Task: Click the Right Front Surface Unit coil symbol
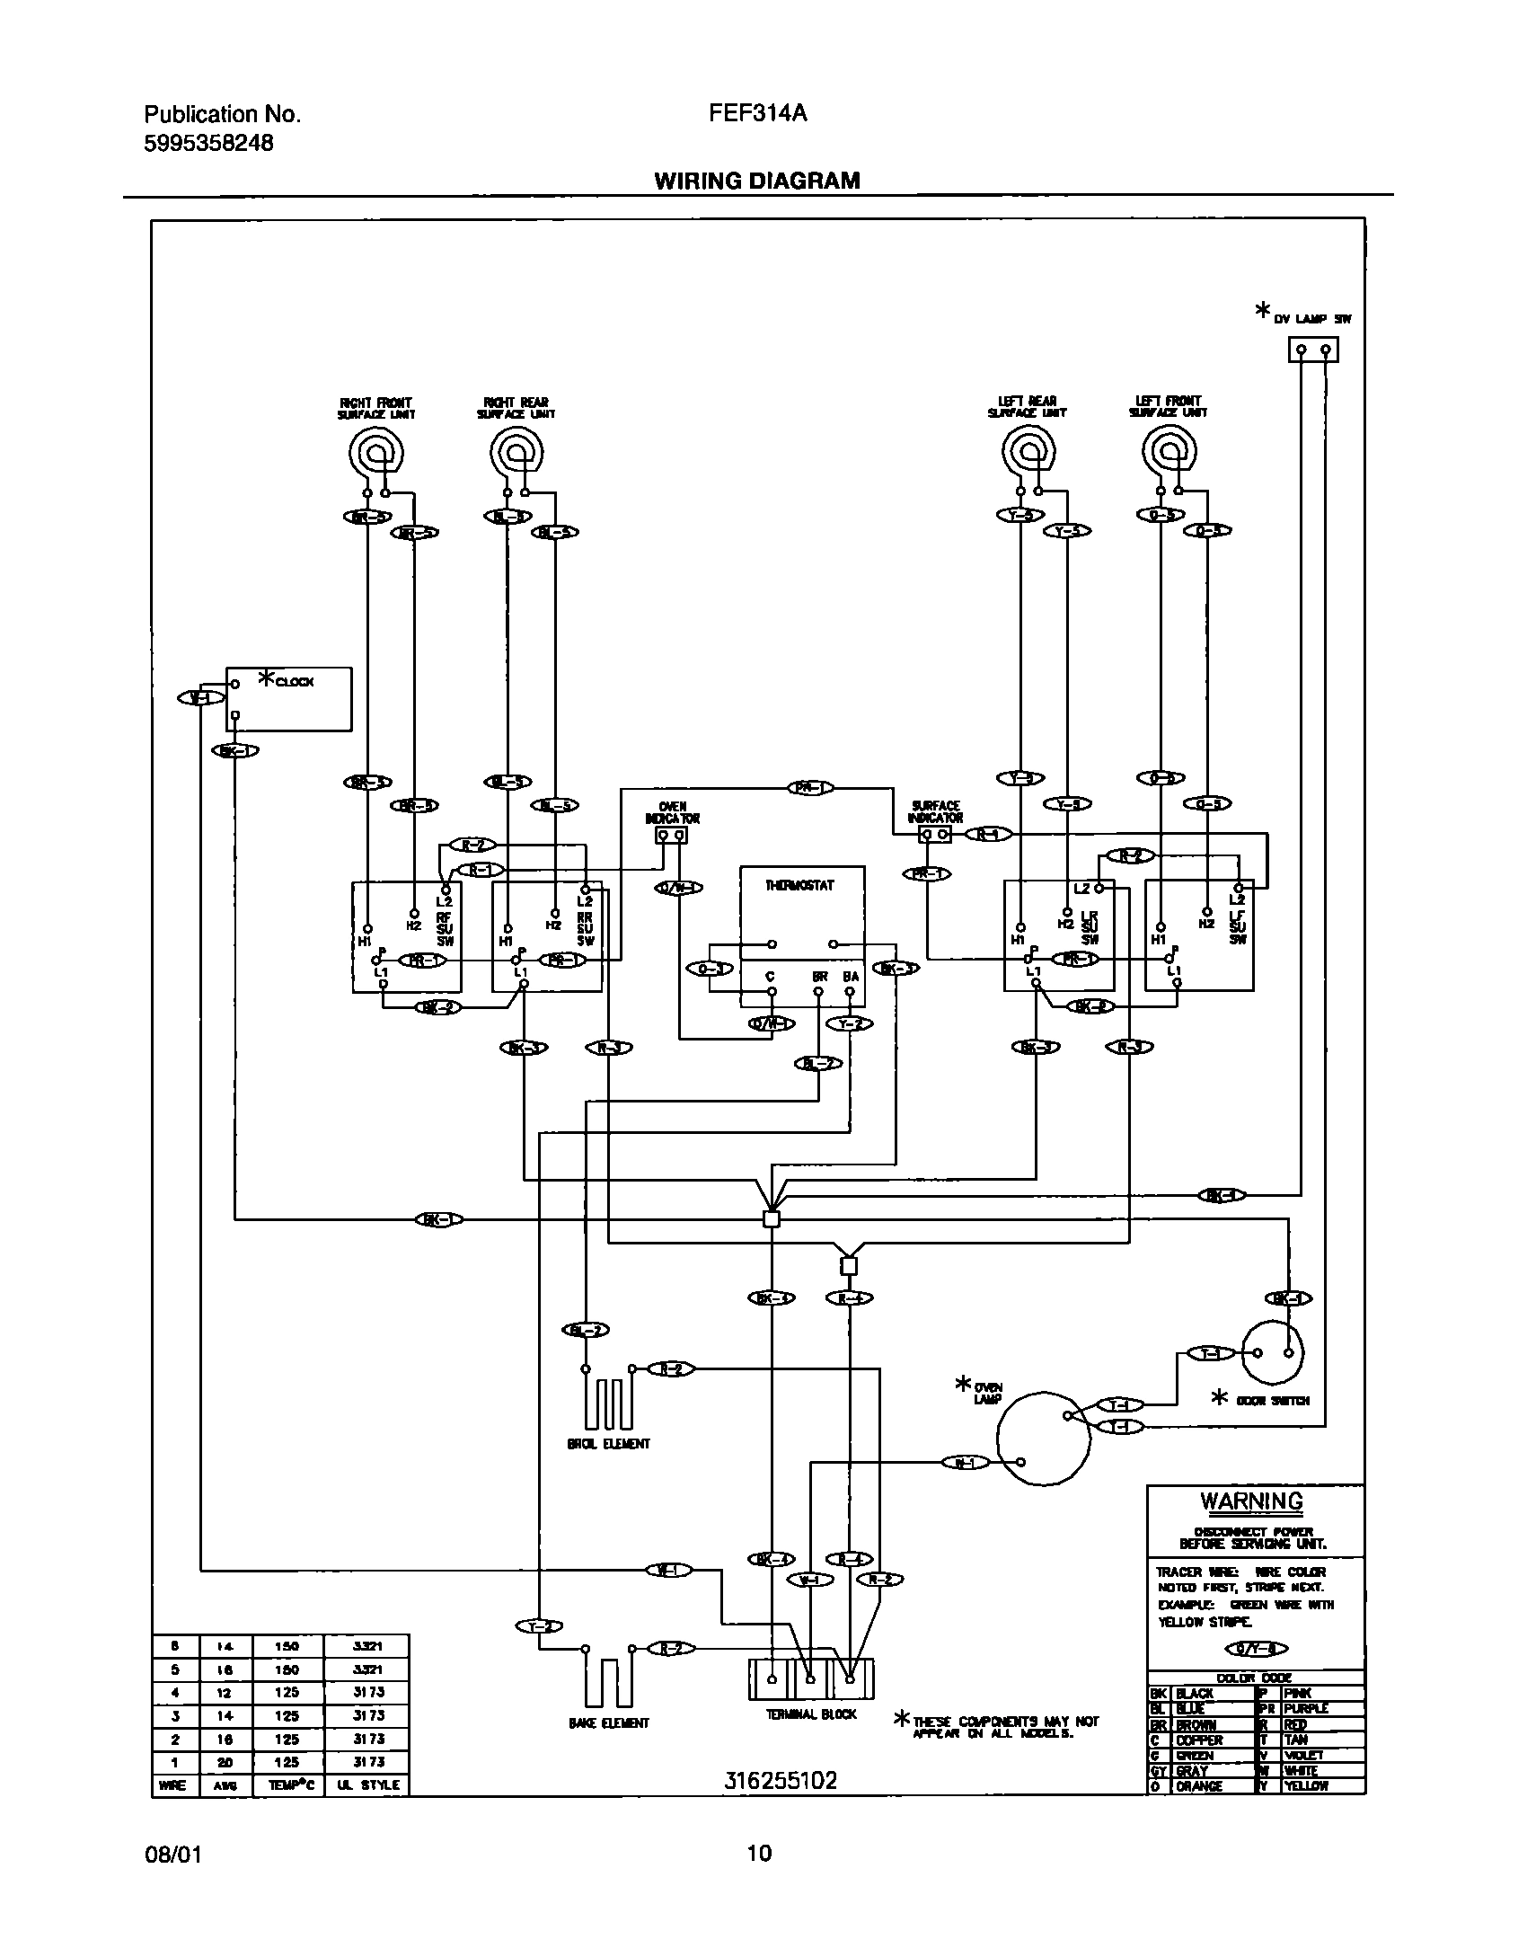point(375,452)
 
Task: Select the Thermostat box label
point(799,885)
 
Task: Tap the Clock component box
point(288,698)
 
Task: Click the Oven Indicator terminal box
point(671,837)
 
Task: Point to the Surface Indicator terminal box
point(934,835)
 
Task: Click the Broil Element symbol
point(608,1398)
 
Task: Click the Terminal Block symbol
point(810,1678)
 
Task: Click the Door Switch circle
point(1273,1353)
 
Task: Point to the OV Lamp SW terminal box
point(1312,350)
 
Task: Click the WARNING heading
point(1251,1501)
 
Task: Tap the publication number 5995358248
point(208,142)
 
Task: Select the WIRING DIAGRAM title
point(756,181)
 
